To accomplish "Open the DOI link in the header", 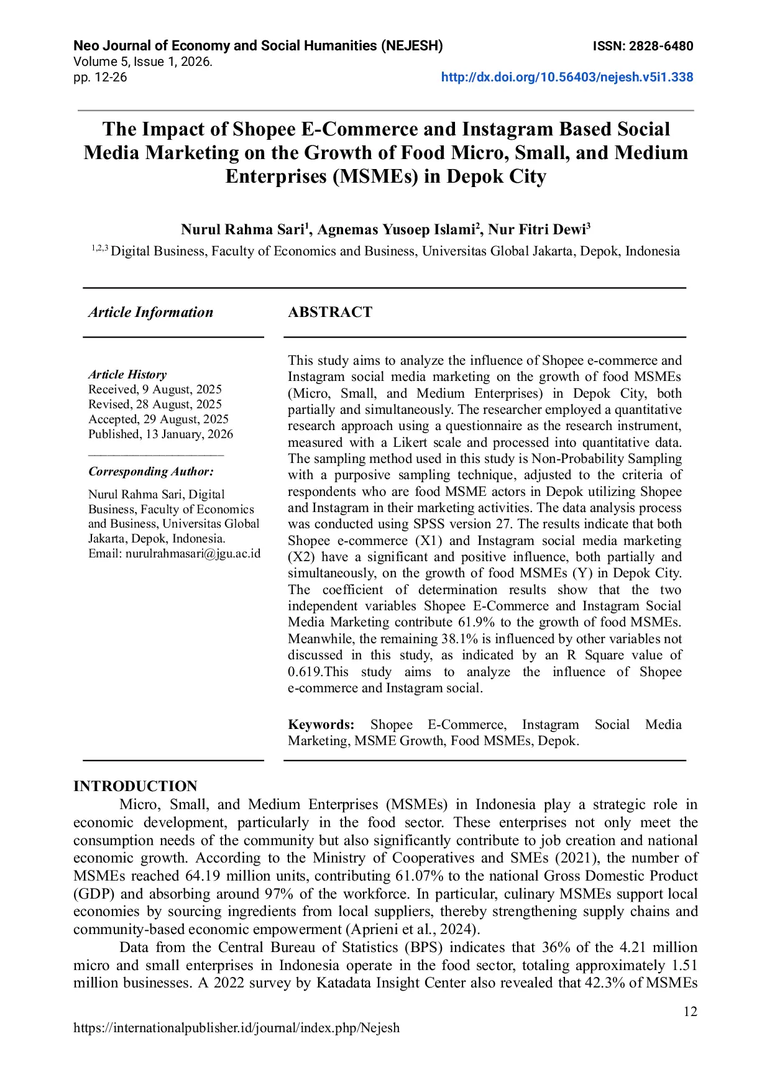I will [x=567, y=77].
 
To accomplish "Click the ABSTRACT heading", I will [x=330, y=312].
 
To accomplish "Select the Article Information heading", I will [x=150, y=312].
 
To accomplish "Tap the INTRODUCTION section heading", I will [x=135, y=786].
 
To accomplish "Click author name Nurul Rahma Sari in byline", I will [x=242, y=230].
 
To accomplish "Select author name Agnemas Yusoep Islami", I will [x=395, y=230].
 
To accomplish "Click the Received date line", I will [x=155, y=390].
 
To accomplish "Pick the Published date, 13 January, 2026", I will [x=160, y=434].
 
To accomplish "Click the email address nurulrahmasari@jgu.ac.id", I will [x=193, y=554].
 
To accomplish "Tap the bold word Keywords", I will [x=321, y=725].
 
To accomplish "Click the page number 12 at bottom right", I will [x=690, y=1012].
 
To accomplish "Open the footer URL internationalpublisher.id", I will [x=236, y=1028].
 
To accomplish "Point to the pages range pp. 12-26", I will [x=100, y=77].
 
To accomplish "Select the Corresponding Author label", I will [x=151, y=472].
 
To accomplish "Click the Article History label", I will [x=127, y=375].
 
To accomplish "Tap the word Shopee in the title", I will [x=264, y=129].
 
